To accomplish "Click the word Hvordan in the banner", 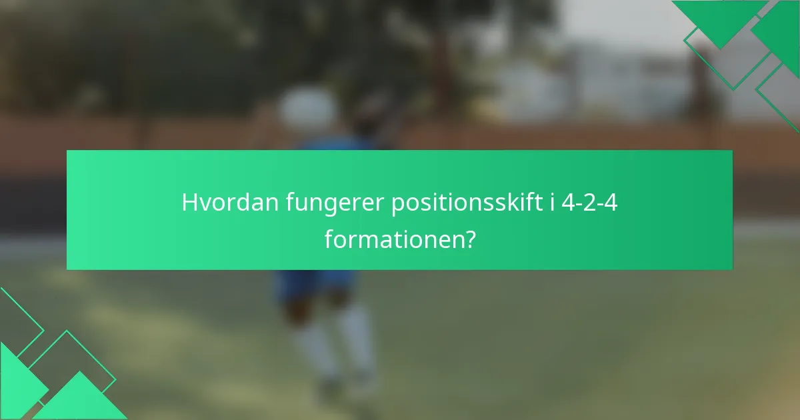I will coord(230,203).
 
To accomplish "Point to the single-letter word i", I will coord(553,203).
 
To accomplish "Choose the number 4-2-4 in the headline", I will coord(589,203).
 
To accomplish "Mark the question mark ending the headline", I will coord(470,239).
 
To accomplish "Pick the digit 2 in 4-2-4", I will coord(589,203).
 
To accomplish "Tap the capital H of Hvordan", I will coord(189,203).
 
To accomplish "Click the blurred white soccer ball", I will coord(307,109).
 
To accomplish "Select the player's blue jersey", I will coord(333,144).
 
